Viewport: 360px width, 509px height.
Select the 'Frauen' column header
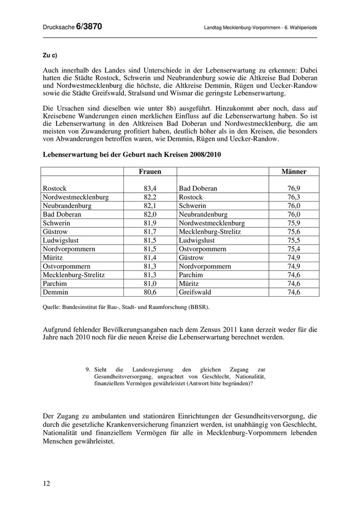click(x=150, y=172)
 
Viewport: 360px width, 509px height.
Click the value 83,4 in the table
click(x=150, y=189)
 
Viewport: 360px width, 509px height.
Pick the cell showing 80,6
click(x=150, y=292)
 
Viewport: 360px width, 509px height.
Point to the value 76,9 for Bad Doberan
click(x=294, y=189)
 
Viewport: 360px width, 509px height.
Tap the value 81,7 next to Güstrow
click(x=150, y=232)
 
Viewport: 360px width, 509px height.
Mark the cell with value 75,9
click(x=294, y=223)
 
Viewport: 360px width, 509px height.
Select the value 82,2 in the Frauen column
click(x=150, y=197)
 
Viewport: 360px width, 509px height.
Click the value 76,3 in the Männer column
click(x=294, y=197)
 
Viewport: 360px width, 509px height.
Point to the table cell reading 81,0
click(x=150, y=283)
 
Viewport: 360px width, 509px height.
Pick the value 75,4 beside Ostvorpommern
click(x=294, y=249)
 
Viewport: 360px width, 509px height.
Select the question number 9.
click(x=88, y=369)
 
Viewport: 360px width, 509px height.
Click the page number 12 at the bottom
click(x=47, y=483)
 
